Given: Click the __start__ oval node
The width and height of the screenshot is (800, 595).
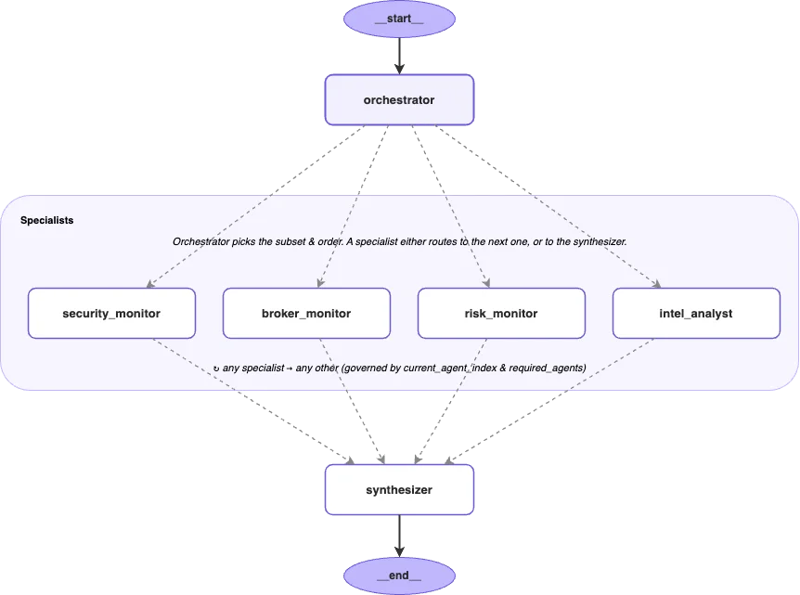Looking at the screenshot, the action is (399, 19).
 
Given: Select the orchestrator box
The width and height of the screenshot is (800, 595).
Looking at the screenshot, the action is (399, 100).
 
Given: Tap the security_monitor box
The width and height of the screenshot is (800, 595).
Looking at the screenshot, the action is (111, 314).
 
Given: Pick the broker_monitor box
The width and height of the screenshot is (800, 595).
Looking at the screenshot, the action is (306, 314).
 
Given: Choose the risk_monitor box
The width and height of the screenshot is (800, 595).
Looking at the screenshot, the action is (501, 314).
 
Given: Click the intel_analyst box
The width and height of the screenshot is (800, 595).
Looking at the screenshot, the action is (696, 314).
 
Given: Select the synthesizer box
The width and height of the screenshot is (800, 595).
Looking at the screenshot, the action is (399, 490).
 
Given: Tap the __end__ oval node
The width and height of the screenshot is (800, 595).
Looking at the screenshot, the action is (399, 576).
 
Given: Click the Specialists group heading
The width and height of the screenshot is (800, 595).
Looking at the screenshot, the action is (47, 220).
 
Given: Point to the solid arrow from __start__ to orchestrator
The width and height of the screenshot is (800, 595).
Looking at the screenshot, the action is (399, 56).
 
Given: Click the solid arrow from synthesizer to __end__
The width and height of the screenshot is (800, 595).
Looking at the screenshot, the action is (399, 536).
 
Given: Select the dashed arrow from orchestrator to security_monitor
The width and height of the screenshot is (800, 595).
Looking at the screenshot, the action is (255, 207).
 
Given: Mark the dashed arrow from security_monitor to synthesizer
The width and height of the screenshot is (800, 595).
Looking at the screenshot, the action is (253, 401).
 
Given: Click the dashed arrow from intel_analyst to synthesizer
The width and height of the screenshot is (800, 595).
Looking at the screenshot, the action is (549, 401).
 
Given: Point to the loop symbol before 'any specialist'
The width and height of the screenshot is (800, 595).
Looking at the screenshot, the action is (216, 369).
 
